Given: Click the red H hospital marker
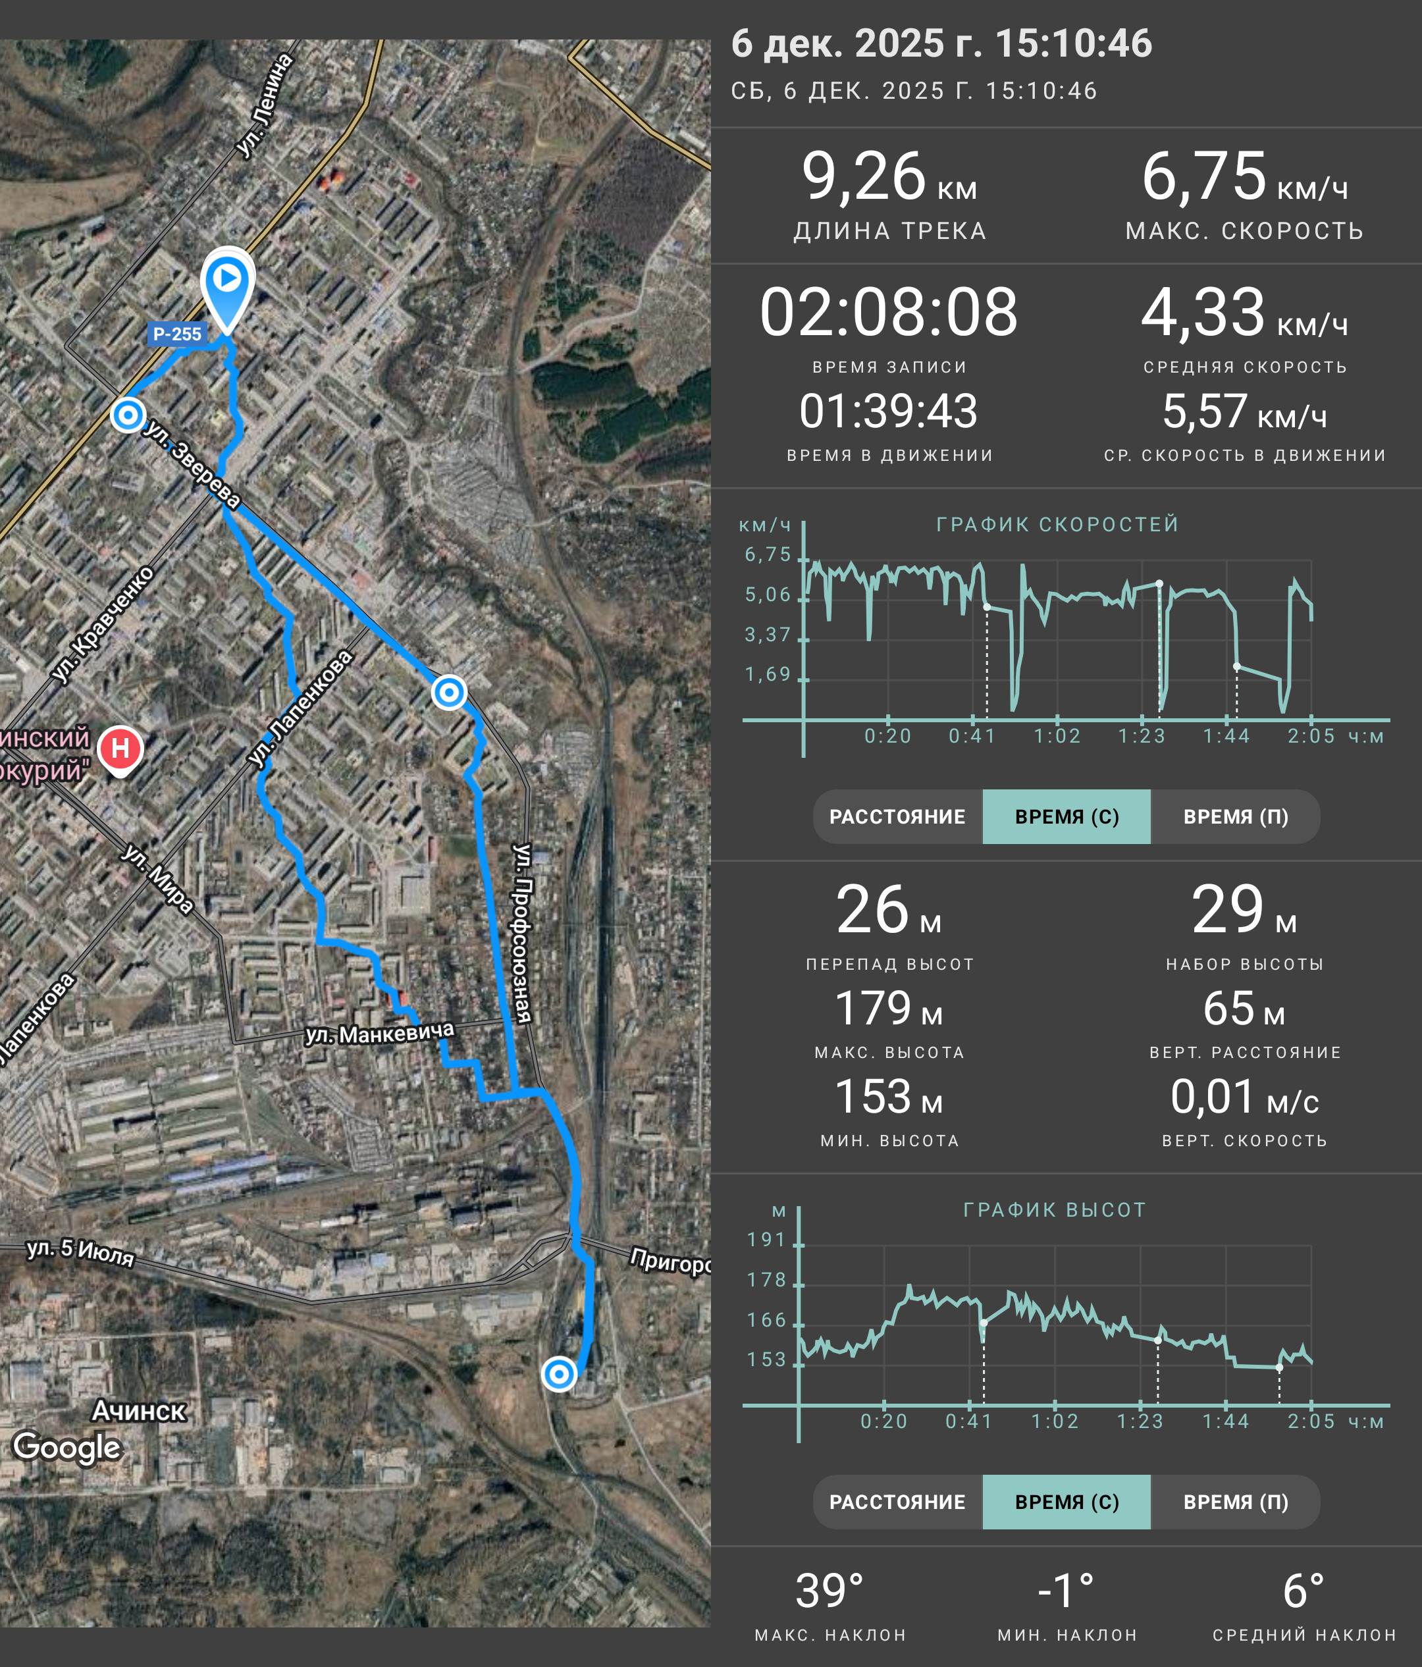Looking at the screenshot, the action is pos(120,750).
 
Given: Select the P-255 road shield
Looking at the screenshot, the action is pos(177,334).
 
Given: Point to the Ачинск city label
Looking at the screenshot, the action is pos(138,1410).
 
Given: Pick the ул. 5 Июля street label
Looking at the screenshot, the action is pos(80,1252).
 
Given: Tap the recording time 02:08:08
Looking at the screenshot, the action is pos(889,312).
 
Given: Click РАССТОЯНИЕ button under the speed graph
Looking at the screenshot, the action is pos(897,816).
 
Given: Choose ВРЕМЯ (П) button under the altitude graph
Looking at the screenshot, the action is pos(1236,1502).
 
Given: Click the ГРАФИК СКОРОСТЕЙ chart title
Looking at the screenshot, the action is pos(1058,525).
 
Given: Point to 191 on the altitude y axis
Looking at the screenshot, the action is pos(766,1239).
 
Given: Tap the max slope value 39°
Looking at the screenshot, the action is pos(830,1591).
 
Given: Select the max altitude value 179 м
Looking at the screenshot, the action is pos(889,1009).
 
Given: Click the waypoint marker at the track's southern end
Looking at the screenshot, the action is pos(558,1374).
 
